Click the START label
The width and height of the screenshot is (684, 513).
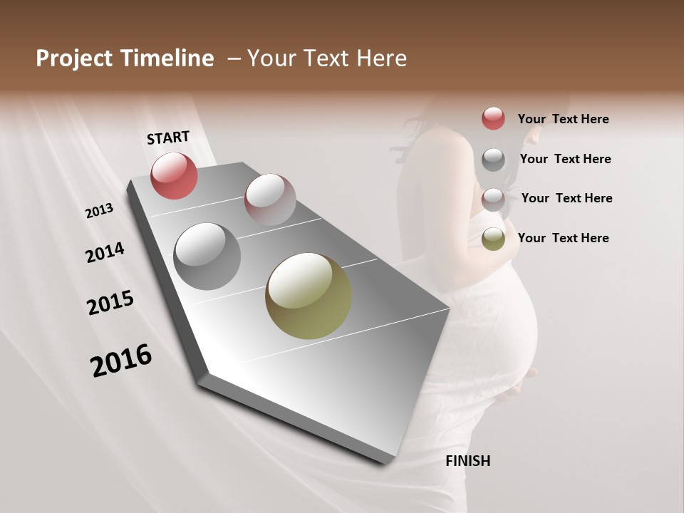(168, 138)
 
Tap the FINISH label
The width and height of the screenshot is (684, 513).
(467, 461)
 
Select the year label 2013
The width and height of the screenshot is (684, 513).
(99, 211)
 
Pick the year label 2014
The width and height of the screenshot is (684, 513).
(105, 253)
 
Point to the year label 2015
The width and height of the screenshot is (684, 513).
(110, 303)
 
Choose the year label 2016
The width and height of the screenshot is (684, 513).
(121, 361)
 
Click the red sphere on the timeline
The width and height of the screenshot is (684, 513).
(174, 175)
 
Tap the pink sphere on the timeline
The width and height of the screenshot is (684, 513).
(270, 199)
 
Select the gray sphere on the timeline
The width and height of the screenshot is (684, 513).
(207, 256)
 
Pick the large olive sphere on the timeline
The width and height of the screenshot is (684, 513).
(309, 296)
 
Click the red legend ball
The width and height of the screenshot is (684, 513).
(493, 118)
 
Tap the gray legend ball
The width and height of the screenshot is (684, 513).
(493, 160)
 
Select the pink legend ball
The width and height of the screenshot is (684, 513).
(493, 199)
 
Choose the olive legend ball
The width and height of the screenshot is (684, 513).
(493, 239)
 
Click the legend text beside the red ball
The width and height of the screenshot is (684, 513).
(563, 119)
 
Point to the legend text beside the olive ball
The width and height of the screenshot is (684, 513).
(563, 238)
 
